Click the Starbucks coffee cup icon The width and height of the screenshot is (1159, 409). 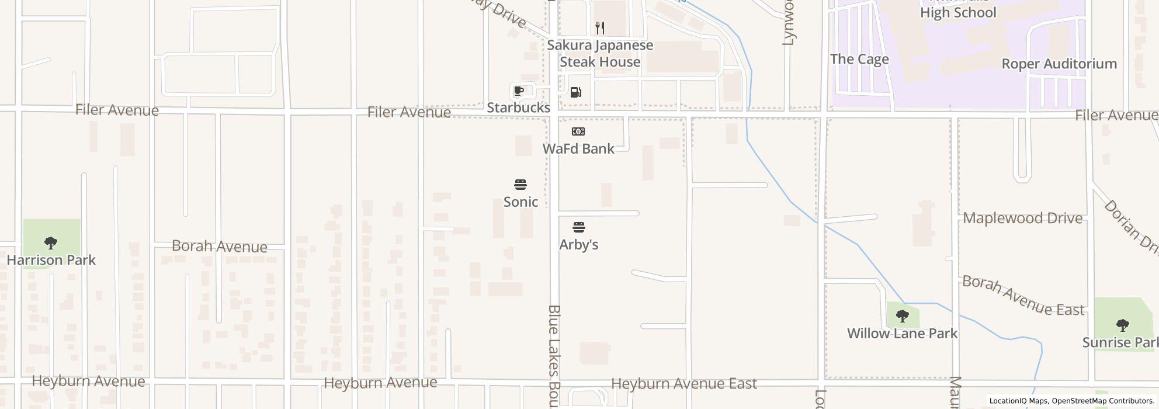[x=518, y=91]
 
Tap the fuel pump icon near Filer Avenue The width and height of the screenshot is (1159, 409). [x=575, y=92]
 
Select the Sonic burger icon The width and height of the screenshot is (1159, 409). [x=520, y=185]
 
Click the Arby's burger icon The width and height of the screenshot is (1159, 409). [x=579, y=227]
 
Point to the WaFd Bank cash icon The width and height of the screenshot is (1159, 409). [x=578, y=131]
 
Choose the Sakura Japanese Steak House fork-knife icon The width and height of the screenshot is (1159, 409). [x=600, y=27]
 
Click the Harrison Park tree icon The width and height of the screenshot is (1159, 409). [x=51, y=242]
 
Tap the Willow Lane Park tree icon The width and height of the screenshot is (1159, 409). [x=902, y=317]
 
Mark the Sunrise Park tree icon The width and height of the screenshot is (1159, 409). [x=1122, y=325]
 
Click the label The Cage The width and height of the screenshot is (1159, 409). [x=859, y=59]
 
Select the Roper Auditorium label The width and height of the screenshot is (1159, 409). [x=1059, y=64]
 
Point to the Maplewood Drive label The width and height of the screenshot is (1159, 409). [x=1022, y=218]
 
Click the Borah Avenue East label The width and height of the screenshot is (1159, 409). [x=1023, y=296]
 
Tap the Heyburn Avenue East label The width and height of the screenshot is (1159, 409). [x=683, y=383]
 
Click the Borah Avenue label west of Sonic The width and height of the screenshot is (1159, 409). [x=219, y=246]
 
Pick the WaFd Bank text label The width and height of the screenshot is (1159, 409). [x=578, y=148]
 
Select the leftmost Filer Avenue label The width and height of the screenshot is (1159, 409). [x=117, y=110]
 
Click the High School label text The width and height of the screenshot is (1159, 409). [x=958, y=12]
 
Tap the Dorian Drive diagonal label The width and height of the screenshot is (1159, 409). [x=1131, y=227]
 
